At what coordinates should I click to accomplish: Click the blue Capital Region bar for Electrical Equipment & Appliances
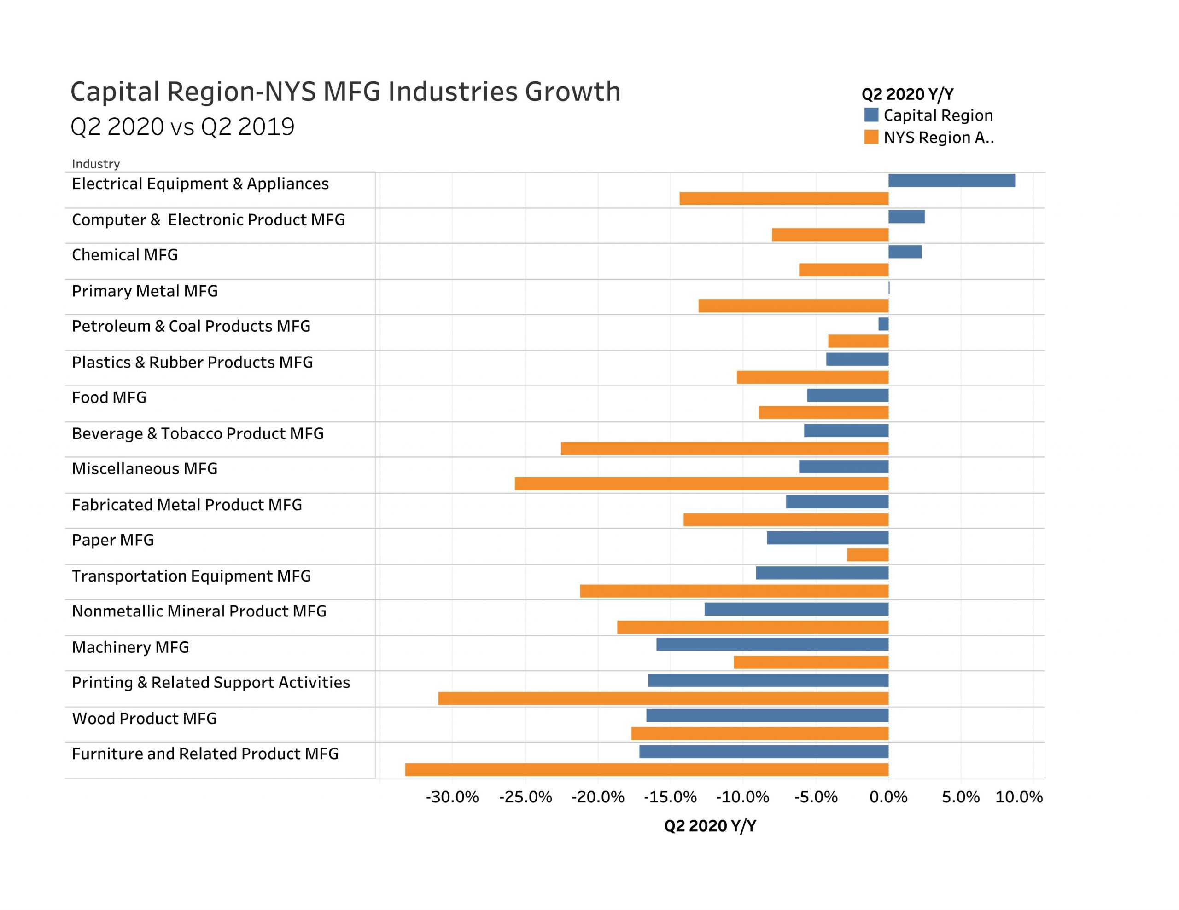tap(951, 181)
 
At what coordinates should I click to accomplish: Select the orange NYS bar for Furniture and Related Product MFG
tap(646, 770)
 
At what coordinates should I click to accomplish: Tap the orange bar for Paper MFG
tap(868, 555)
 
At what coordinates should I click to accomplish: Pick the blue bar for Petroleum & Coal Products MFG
tap(883, 324)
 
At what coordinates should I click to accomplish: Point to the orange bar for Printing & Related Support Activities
tap(663, 698)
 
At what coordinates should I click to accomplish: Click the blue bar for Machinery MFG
tap(772, 645)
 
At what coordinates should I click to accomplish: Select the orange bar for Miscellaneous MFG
tap(701, 484)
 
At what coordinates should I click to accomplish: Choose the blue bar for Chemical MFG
tap(905, 252)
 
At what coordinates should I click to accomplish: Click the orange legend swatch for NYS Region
tap(871, 137)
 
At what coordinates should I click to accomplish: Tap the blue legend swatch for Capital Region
tap(871, 115)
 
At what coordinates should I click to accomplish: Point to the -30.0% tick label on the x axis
tap(452, 797)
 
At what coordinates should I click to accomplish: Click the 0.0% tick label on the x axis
tap(888, 797)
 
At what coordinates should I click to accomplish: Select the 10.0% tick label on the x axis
tap(1019, 797)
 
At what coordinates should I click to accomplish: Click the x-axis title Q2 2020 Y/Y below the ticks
tap(710, 826)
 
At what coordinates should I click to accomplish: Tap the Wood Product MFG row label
tap(144, 719)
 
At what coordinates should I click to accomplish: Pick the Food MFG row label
tap(109, 397)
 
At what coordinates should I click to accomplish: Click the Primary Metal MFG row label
tap(145, 291)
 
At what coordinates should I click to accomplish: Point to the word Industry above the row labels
tap(95, 164)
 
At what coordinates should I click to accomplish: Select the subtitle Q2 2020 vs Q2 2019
tap(182, 127)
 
